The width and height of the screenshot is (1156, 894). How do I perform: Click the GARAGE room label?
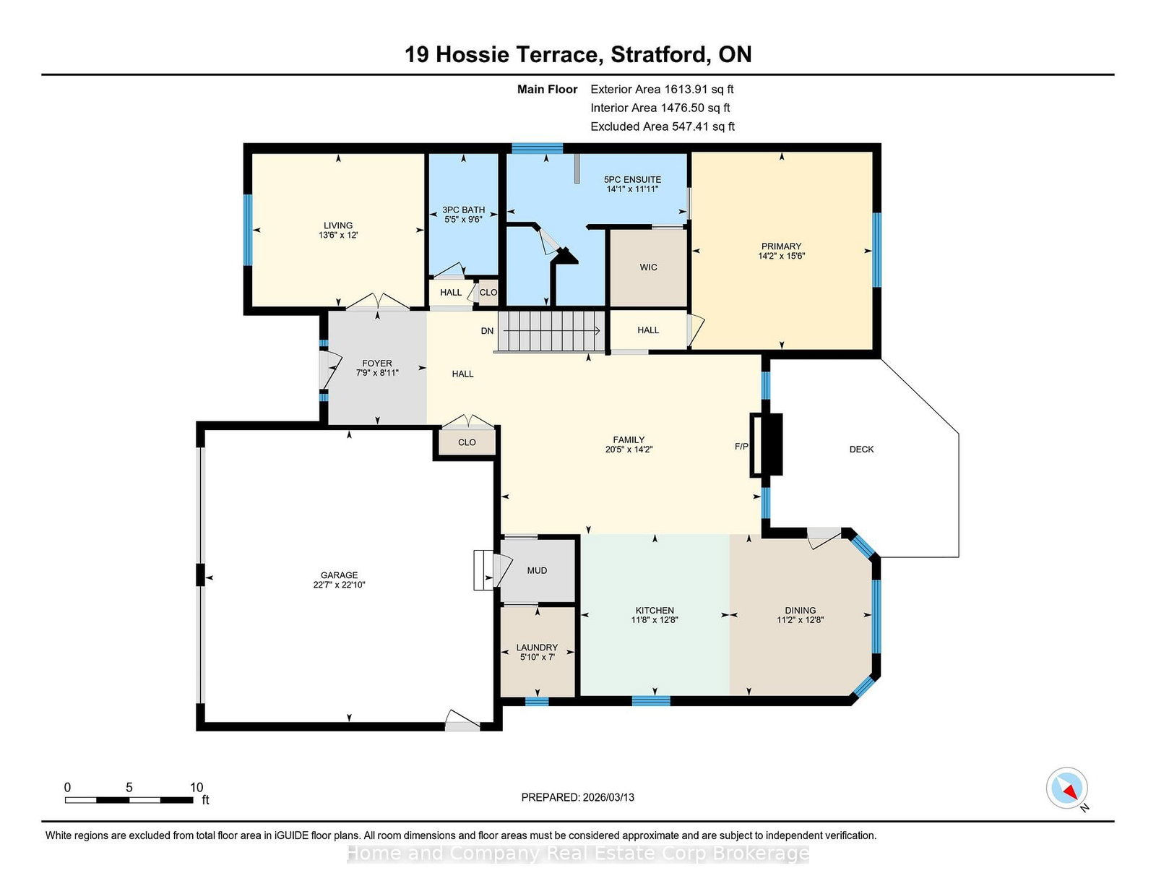pyautogui.click(x=339, y=575)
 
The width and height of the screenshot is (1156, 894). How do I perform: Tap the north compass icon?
pyautogui.click(x=1066, y=788)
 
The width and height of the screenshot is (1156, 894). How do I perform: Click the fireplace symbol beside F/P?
pyautogui.click(x=766, y=444)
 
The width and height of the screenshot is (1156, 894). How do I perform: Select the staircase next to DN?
pyautogui.click(x=551, y=331)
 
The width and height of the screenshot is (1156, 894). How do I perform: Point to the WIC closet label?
pyautogui.click(x=648, y=267)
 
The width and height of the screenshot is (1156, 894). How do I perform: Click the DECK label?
pyautogui.click(x=861, y=449)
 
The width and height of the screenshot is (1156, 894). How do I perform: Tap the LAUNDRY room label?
pyautogui.click(x=537, y=647)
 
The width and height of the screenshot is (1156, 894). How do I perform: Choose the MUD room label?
pyautogui.click(x=537, y=570)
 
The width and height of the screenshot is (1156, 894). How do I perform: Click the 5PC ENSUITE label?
pyautogui.click(x=632, y=180)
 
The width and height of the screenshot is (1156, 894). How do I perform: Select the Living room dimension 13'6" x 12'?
pyautogui.click(x=338, y=235)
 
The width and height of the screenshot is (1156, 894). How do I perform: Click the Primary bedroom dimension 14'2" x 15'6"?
pyautogui.click(x=782, y=255)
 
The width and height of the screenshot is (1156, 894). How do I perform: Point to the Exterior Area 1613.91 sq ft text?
pyautogui.click(x=662, y=90)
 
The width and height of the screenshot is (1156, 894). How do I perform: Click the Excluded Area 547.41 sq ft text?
pyautogui.click(x=663, y=126)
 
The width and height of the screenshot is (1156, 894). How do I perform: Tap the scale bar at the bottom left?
pyautogui.click(x=129, y=800)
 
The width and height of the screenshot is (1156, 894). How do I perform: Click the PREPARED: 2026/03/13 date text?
pyautogui.click(x=578, y=797)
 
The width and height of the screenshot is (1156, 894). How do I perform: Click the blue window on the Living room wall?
pyautogui.click(x=247, y=229)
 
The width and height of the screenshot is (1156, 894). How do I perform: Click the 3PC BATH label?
pyautogui.click(x=463, y=210)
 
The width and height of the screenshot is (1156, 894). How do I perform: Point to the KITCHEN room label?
pyautogui.click(x=655, y=611)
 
